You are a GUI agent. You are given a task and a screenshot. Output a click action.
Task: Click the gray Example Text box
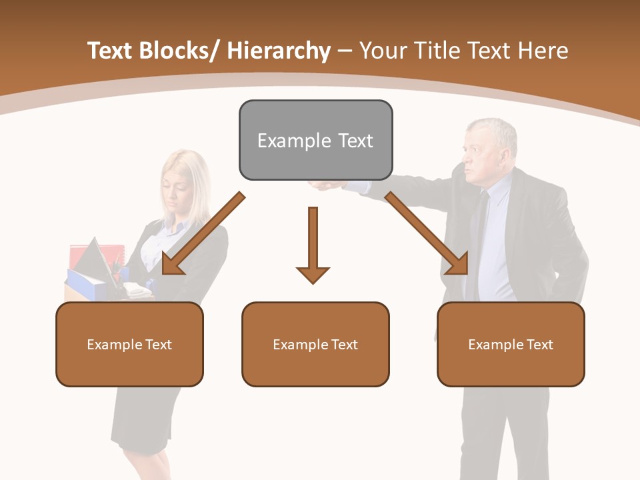(x=315, y=140)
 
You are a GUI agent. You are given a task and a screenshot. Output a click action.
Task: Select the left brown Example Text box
(x=129, y=344)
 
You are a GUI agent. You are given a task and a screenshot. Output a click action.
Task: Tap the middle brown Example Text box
(x=315, y=344)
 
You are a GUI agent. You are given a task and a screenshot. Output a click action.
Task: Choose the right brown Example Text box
(x=511, y=344)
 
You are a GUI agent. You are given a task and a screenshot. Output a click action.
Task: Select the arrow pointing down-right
(x=427, y=233)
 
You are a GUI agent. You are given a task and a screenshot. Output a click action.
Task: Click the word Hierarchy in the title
(x=279, y=51)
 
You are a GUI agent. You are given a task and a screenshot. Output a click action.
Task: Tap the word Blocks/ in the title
(x=179, y=51)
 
